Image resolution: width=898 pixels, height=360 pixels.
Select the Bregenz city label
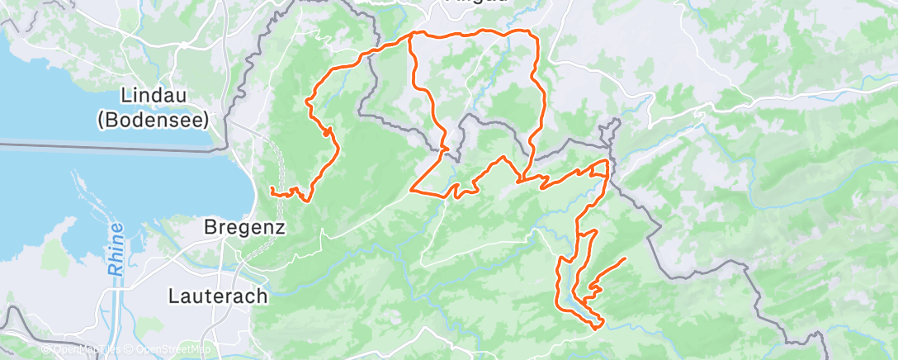pyautogui.click(x=245, y=226)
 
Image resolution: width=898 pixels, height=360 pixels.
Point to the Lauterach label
pyautogui.click(x=218, y=295)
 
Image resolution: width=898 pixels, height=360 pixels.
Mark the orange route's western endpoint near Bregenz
pyautogui.click(x=272, y=191)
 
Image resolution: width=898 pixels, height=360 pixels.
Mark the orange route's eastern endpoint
pyautogui.click(x=624, y=259)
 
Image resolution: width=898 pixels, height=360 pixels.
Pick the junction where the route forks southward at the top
pyautogui.click(x=411, y=35)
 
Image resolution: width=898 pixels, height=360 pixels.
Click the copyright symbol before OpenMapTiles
pyautogui.click(x=46, y=349)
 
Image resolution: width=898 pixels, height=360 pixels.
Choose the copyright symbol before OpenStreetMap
pyautogui.click(x=130, y=349)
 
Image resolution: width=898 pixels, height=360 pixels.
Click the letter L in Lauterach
pyautogui.click(x=174, y=295)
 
